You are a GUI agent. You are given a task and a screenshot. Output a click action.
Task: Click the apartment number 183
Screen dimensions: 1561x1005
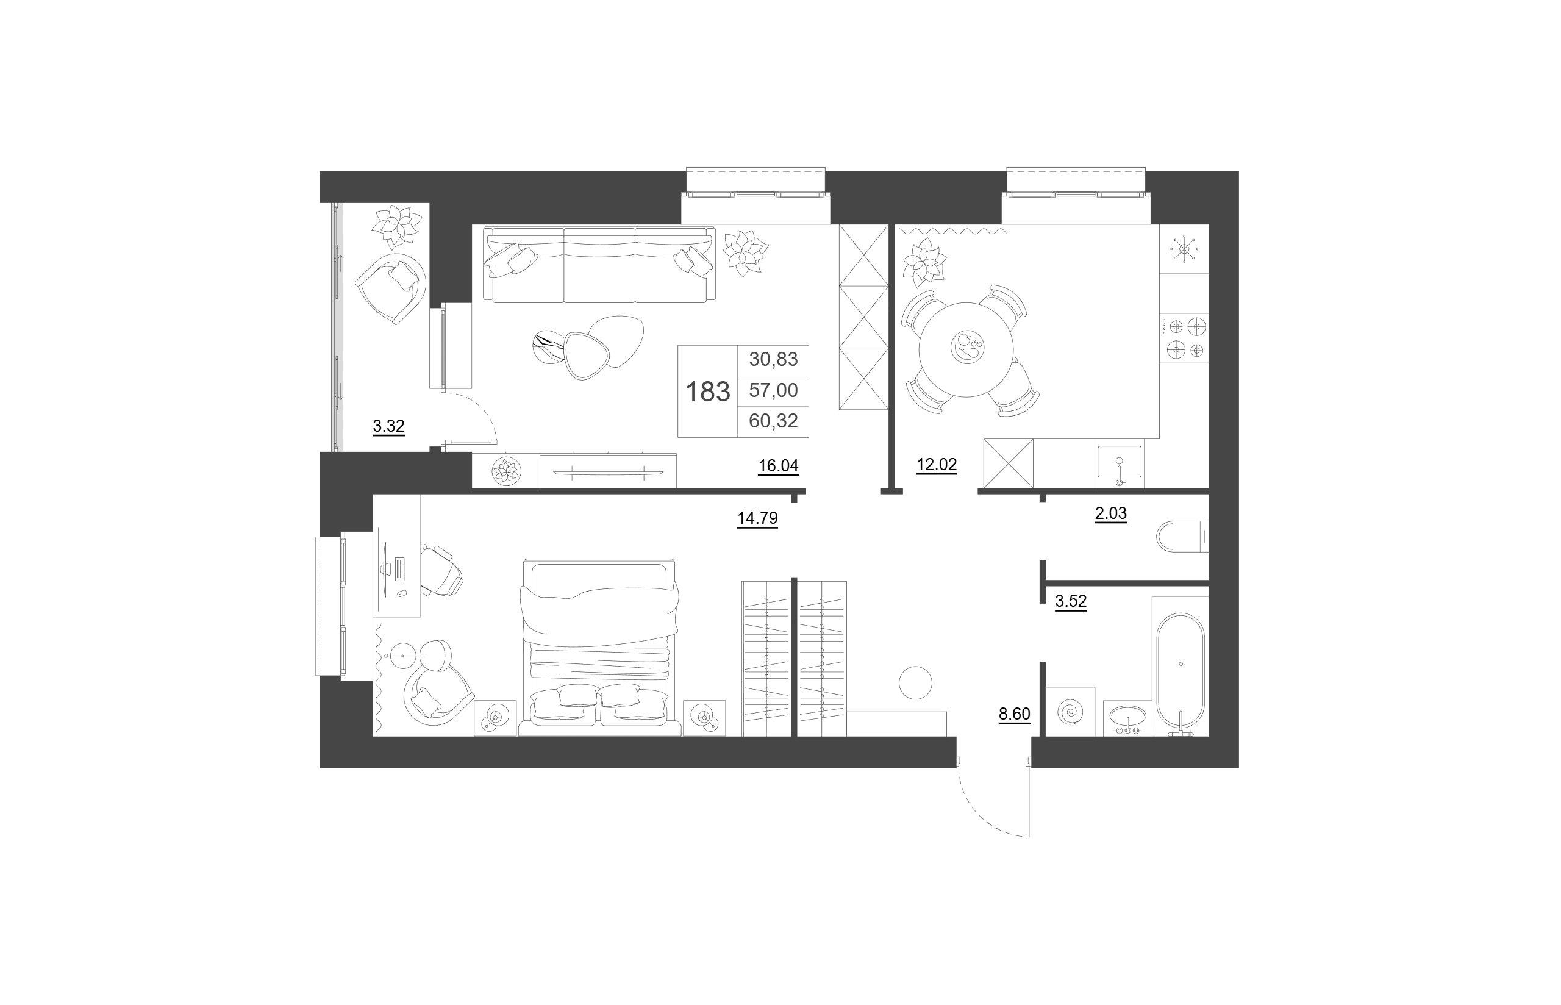(x=708, y=392)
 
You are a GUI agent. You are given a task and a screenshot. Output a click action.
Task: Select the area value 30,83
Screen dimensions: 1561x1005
(x=774, y=359)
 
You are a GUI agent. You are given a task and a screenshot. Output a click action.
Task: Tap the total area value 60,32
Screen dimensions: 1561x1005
(x=774, y=421)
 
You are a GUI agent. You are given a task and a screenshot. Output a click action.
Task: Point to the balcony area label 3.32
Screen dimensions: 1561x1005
(x=389, y=426)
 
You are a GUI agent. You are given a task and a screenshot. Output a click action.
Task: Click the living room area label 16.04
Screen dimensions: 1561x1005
(x=778, y=465)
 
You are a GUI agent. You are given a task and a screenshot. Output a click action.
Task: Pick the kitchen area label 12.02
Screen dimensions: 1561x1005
(x=937, y=465)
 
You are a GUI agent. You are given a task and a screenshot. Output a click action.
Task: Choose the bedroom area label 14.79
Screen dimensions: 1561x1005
(x=757, y=518)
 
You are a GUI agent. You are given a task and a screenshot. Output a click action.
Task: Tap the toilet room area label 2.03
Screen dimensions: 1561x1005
(x=1111, y=513)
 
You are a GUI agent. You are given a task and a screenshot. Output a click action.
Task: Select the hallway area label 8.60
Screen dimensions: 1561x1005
(x=1015, y=714)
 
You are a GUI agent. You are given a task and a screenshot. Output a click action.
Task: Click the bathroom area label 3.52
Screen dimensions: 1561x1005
(x=1071, y=601)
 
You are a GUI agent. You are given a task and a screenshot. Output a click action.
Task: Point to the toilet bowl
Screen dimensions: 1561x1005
(x=1183, y=537)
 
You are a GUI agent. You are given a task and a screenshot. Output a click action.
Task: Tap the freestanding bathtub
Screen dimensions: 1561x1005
(x=1181, y=671)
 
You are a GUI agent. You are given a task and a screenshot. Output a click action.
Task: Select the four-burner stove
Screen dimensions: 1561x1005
(x=1185, y=338)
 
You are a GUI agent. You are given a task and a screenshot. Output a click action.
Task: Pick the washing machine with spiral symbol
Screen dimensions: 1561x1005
(x=1070, y=711)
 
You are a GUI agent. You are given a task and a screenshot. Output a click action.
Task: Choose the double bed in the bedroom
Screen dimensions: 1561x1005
(x=599, y=648)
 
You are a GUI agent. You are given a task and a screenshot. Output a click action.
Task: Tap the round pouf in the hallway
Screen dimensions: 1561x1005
(x=915, y=682)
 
